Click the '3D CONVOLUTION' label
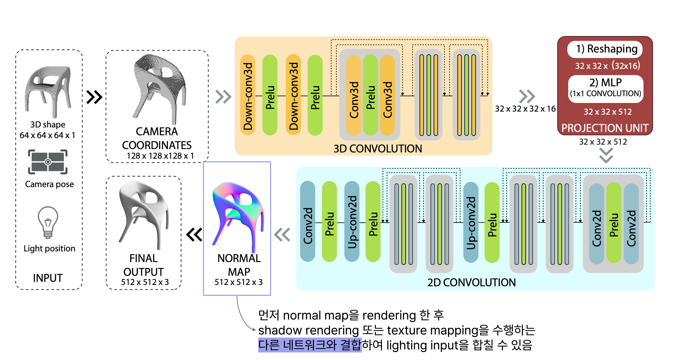[x=378, y=149]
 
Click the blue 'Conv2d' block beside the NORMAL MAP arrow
[x=307, y=221]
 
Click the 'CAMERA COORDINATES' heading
[x=157, y=138]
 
